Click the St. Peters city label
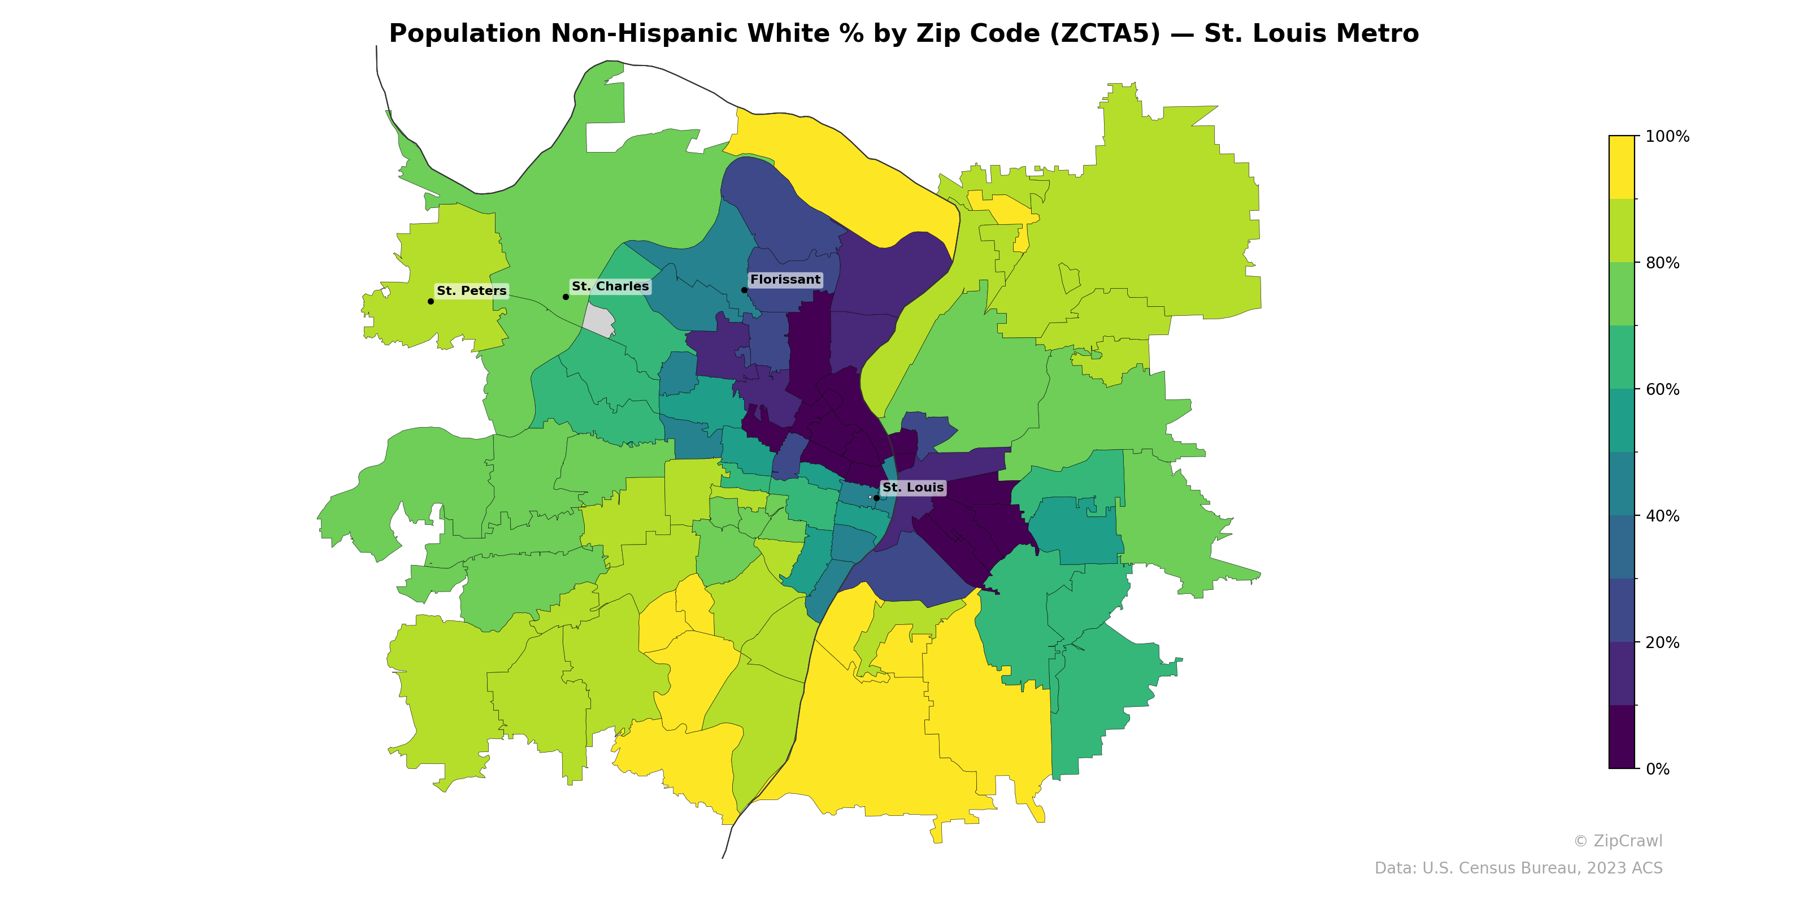tap(471, 290)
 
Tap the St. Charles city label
tap(610, 286)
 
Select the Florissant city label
tap(785, 279)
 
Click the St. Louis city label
tap(912, 487)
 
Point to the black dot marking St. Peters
tap(430, 301)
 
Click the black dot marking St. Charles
tap(566, 297)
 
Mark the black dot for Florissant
tap(744, 290)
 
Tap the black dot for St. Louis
tap(876, 498)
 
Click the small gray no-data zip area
tap(599, 321)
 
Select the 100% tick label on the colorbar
tap(1667, 137)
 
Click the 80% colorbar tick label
tap(1662, 263)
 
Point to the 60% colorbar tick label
tap(1662, 389)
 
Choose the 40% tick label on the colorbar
tap(1662, 516)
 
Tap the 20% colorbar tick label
tap(1662, 642)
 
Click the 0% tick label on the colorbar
tap(1657, 769)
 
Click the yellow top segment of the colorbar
tap(1622, 167)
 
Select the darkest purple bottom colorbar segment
tap(1622, 737)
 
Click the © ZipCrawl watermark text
tap(1617, 841)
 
